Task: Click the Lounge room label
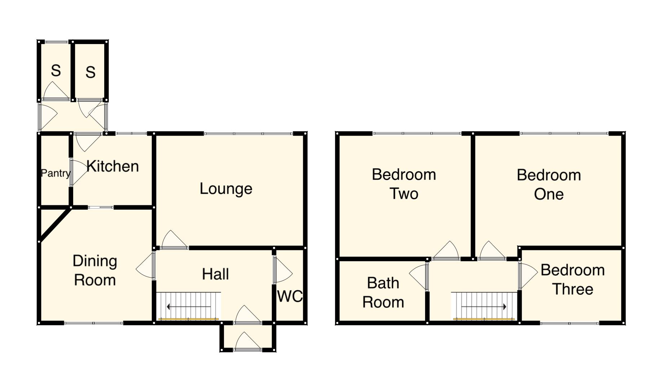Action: [x=226, y=189]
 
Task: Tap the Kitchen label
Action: [x=113, y=166]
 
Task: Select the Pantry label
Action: [x=55, y=173]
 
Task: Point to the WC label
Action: [x=290, y=297]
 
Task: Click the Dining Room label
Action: [x=95, y=270]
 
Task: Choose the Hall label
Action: [x=215, y=274]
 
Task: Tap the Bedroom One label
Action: [x=548, y=184]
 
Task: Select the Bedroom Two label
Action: [x=404, y=184]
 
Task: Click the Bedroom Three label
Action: [x=573, y=280]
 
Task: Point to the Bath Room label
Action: [x=383, y=293]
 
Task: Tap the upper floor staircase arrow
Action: [x=484, y=307]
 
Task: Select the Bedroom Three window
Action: [x=570, y=323]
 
